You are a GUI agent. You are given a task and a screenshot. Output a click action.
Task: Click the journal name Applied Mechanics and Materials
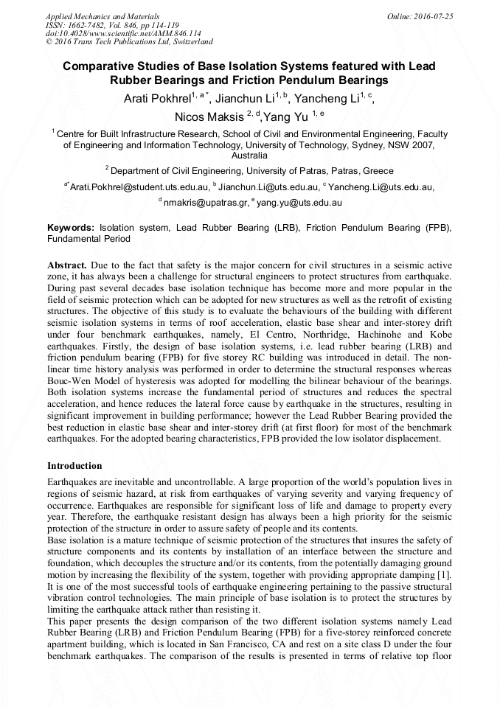click(102, 16)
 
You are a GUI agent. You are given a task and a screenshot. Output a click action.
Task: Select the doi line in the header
click(123, 33)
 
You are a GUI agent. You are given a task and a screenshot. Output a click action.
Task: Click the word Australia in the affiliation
click(249, 156)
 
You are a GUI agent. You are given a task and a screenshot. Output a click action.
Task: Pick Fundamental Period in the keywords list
click(88, 239)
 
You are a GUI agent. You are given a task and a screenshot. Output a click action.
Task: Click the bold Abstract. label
click(68, 264)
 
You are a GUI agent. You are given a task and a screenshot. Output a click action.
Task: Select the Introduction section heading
click(74, 466)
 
